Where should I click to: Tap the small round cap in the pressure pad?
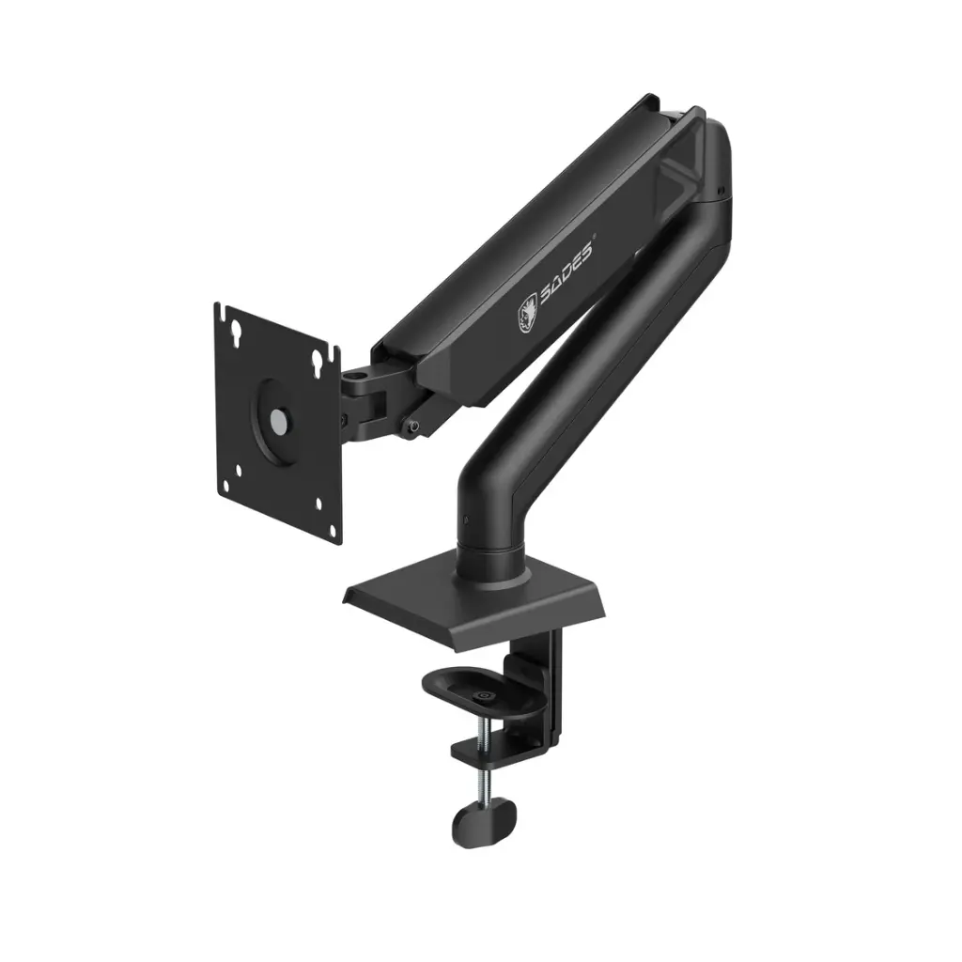click(x=485, y=696)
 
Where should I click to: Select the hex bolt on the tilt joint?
click(x=412, y=427)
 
